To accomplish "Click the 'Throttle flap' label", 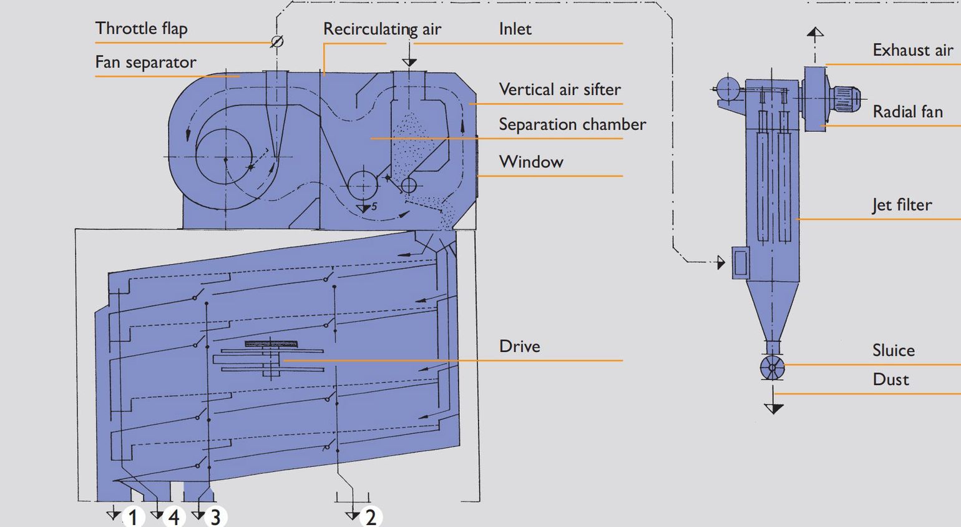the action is [x=141, y=29].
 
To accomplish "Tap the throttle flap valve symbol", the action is [x=277, y=41].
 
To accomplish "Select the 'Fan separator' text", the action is [x=145, y=62].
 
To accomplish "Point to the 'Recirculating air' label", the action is [x=382, y=29].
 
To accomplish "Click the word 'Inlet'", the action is [x=515, y=29].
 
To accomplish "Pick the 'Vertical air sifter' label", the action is [x=559, y=89].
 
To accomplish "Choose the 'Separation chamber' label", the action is [x=572, y=124].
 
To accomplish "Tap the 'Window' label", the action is [x=531, y=162].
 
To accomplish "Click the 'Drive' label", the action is [x=519, y=347].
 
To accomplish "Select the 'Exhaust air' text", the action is [x=913, y=50].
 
